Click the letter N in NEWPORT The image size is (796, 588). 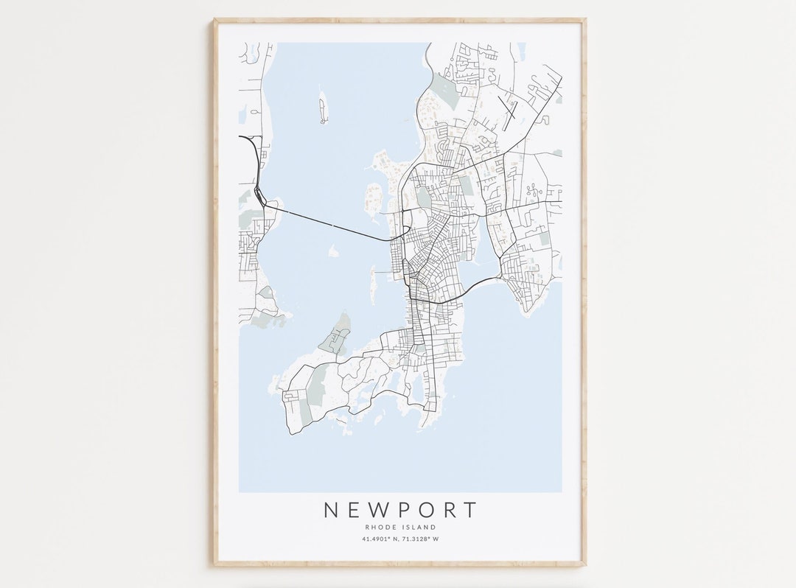(332, 510)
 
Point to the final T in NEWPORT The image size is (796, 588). (469, 510)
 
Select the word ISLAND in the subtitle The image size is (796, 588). (419, 528)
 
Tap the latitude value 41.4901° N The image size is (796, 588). (378, 539)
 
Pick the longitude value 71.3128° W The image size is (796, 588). (420, 539)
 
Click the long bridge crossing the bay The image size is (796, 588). (332, 225)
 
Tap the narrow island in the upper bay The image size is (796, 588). (322, 108)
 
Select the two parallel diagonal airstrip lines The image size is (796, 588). (508, 111)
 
